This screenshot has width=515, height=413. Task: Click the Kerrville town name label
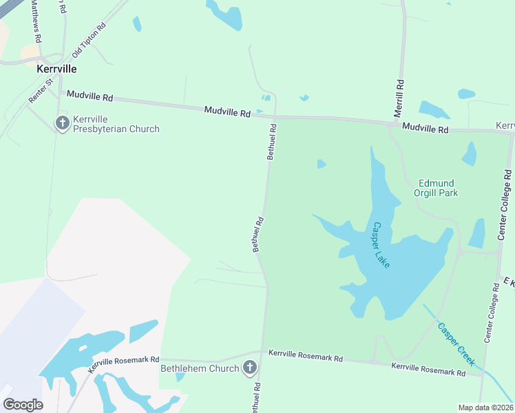coord(56,70)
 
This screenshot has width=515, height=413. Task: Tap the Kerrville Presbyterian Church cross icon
coord(62,124)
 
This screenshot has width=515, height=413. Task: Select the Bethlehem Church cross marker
coord(250,368)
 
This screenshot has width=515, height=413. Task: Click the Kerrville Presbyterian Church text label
coord(116,124)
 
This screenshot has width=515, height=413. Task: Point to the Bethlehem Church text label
coord(200,368)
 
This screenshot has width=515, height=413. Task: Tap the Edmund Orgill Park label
coord(436,188)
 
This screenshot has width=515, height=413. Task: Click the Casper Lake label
coord(381,244)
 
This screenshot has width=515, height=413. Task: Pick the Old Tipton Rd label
coord(90,40)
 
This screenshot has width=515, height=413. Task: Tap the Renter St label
coord(40,92)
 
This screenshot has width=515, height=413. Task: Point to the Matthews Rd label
coord(36,21)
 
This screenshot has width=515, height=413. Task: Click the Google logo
coord(23,405)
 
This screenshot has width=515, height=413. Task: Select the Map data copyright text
coord(485,407)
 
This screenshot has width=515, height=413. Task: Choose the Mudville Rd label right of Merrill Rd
coord(425,128)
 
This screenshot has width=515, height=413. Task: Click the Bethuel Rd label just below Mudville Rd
coord(272,142)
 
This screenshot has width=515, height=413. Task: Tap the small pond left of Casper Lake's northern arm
coord(321,164)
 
